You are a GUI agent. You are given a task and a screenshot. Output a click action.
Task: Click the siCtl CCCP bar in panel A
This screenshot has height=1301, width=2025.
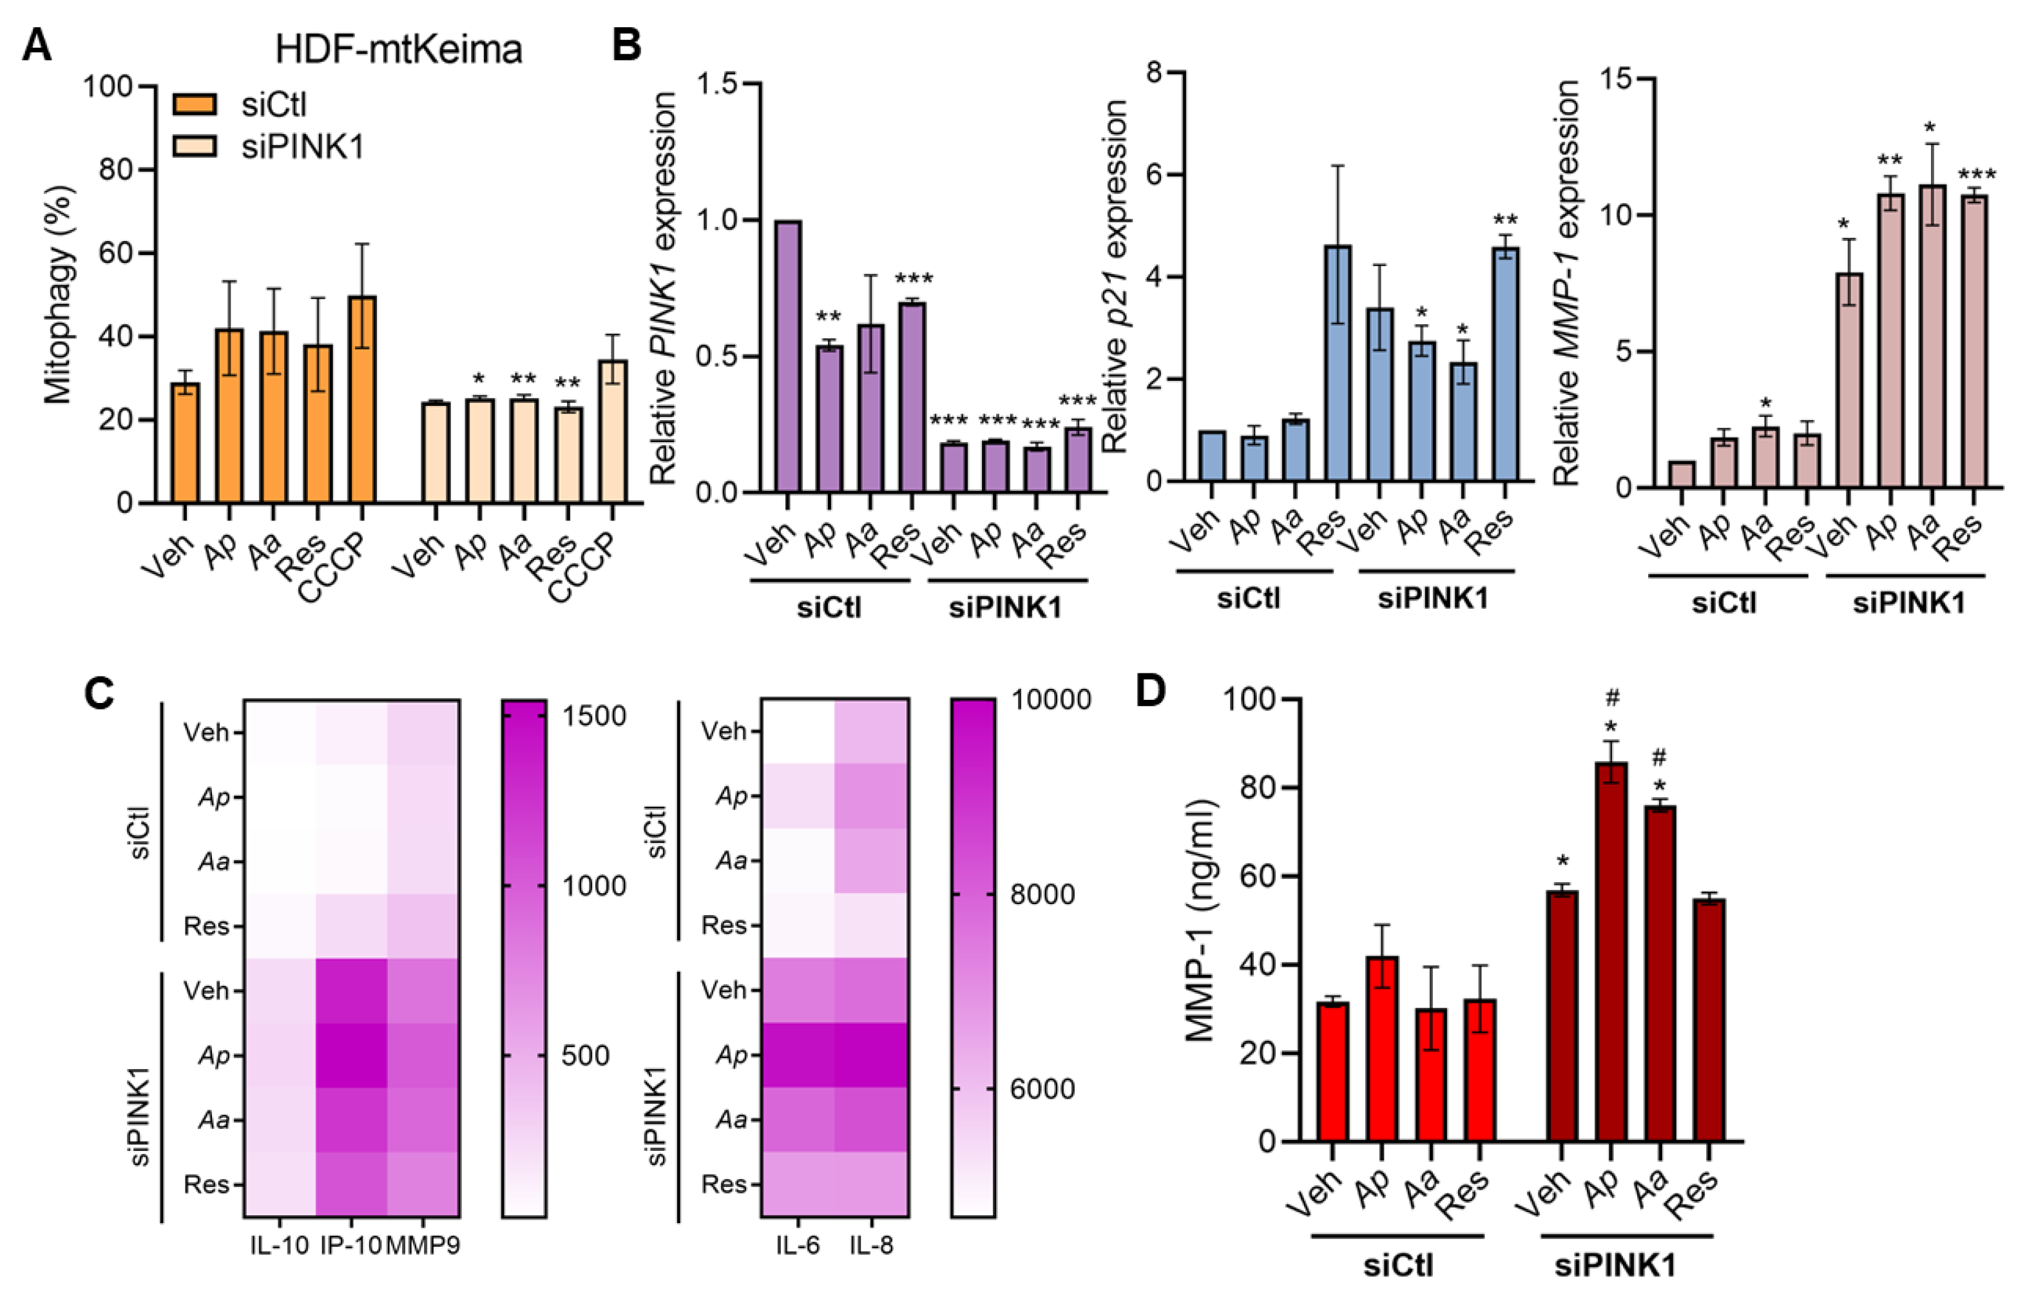point(361,400)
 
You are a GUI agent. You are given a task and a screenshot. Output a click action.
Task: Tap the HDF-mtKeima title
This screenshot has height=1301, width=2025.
point(399,49)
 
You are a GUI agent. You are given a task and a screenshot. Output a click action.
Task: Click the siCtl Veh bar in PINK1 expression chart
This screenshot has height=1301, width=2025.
point(787,356)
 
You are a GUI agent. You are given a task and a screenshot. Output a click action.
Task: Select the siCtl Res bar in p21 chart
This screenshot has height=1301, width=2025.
point(1338,364)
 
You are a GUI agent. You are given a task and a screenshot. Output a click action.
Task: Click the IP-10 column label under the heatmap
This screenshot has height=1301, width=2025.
point(351,1245)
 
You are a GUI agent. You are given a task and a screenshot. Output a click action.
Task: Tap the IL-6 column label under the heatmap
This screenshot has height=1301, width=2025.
point(797,1245)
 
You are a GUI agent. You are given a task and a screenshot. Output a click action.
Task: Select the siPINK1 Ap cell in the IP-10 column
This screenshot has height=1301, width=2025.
point(351,1055)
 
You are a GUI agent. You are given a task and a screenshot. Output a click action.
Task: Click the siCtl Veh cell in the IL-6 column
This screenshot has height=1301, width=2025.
point(797,731)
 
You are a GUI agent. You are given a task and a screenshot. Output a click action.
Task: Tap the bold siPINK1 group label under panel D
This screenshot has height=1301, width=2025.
point(1615,1266)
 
